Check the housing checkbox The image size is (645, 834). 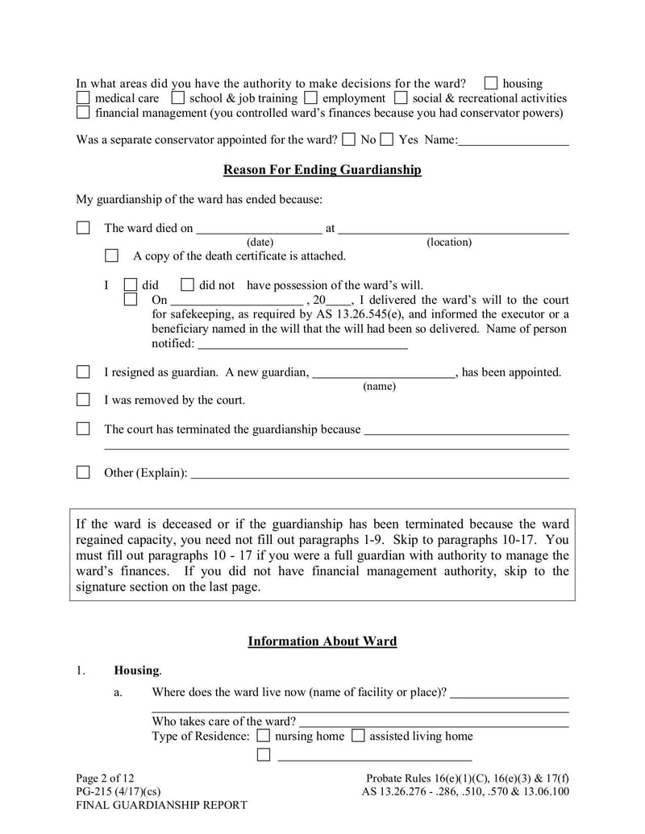pyautogui.click(x=491, y=83)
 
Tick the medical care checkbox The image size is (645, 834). pyautogui.click(x=83, y=98)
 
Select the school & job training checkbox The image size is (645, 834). pyautogui.click(x=178, y=98)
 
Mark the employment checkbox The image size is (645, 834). pyautogui.click(x=312, y=98)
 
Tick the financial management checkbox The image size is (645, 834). pyautogui.click(x=83, y=113)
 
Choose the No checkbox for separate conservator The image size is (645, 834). pyautogui.click(x=348, y=139)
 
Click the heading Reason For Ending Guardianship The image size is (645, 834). pyautogui.click(x=322, y=170)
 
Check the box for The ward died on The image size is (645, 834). pyautogui.click(x=83, y=228)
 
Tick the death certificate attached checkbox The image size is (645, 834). pyautogui.click(x=112, y=256)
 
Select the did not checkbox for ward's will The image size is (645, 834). pyautogui.click(x=188, y=284)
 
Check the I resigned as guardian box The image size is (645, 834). pyautogui.click(x=83, y=372)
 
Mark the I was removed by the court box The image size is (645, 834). pyautogui.click(x=83, y=400)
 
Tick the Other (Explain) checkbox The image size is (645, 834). pyautogui.click(x=83, y=472)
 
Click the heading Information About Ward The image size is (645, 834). pyautogui.click(x=322, y=641)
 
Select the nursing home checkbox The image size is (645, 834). pyautogui.click(x=264, y=736)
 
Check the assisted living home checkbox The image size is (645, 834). pyautogui.click(x=358, y=736)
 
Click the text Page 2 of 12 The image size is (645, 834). pyautogui.click(x=105, y=778)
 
